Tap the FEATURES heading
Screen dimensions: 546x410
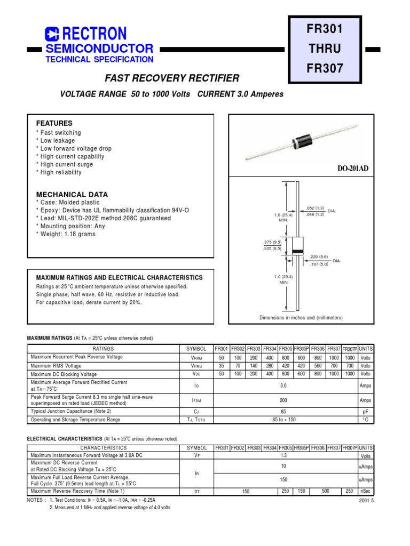[x=54, y=123]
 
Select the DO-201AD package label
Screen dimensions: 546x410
[x=352, y=168]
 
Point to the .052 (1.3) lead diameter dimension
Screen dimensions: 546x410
[x=316, y=208]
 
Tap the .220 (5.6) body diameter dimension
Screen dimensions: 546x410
[x=319, y=257]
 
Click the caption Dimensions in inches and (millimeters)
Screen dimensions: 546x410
[x=301, y=318]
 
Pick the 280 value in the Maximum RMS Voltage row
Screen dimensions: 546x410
[x=270, y=366]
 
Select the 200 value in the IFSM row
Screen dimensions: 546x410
[x=283, y=399]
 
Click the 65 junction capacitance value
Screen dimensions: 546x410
[x=283, y=411]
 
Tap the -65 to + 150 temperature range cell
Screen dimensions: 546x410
[x=283, y=420]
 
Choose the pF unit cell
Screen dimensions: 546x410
[x=366, y=411]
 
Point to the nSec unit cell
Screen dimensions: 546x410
[x=366, y=491]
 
